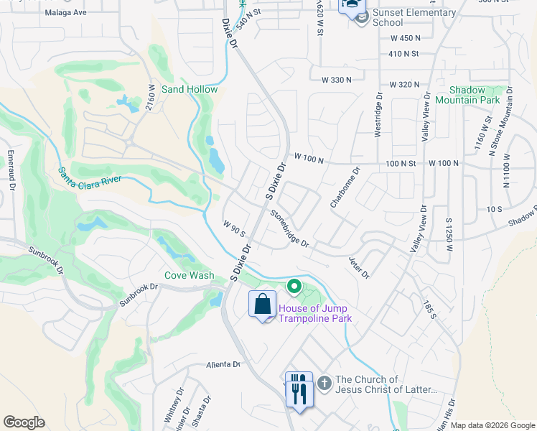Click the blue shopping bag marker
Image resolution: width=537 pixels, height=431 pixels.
262,305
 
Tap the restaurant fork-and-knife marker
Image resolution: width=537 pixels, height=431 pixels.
298,389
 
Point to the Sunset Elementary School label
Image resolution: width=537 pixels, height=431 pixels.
414,17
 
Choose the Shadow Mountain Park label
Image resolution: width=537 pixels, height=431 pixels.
475,95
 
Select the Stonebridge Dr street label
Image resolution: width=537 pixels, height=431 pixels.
290,229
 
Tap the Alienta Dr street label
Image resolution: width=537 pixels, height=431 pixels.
222,364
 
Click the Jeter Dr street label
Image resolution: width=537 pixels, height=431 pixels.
358,267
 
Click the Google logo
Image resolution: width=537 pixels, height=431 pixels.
24,422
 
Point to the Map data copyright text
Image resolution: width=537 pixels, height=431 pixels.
492,425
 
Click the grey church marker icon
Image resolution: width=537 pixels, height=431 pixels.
324,383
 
